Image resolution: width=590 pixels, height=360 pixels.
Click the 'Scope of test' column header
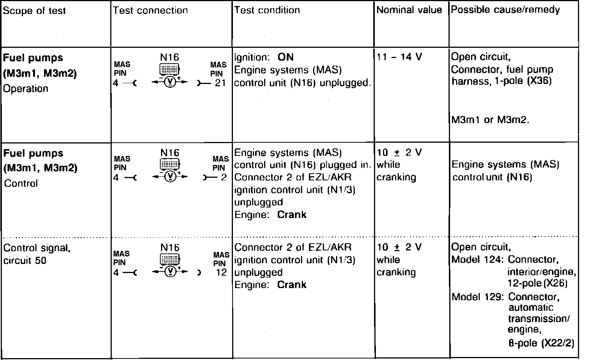tap(34, 11)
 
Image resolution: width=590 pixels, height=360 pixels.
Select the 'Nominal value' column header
tap(409, 10)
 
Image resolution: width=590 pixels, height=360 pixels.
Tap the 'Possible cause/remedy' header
tap(505, 10)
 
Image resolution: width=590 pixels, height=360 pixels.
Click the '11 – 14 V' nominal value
tap(399, 57)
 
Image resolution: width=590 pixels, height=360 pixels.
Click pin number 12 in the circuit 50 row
tap(221, 272)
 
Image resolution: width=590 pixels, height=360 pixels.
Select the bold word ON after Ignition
tap(286, 57)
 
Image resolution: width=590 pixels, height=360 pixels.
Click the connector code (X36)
tap(540, 81)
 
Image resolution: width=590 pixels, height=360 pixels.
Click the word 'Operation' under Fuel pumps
tap(26, 88)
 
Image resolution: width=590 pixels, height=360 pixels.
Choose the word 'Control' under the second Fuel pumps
tap(21, 183)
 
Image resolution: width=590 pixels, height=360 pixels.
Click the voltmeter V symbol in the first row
tap(170, 82)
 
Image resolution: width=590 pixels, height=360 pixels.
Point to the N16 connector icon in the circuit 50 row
tap(170, 259)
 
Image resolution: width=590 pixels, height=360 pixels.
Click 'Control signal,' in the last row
tap(37, 248)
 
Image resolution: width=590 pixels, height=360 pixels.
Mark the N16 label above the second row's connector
tap(170, 153)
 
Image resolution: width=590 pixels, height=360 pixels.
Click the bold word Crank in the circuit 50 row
tap(292, 285)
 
